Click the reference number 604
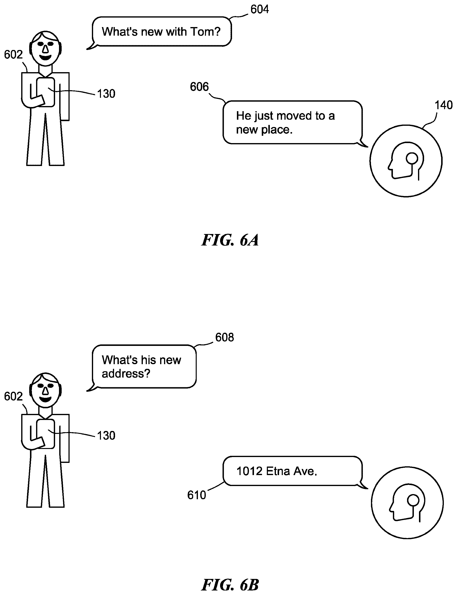260,10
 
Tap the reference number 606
199,87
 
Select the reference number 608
224,337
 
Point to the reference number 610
196,495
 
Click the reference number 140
443,105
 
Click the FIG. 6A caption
230,240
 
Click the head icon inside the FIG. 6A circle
406,161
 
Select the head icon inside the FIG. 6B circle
407,503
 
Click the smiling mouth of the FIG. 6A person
45,58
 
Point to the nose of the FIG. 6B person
45,391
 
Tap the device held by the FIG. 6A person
45,92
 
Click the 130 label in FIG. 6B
106,436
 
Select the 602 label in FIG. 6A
13,55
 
